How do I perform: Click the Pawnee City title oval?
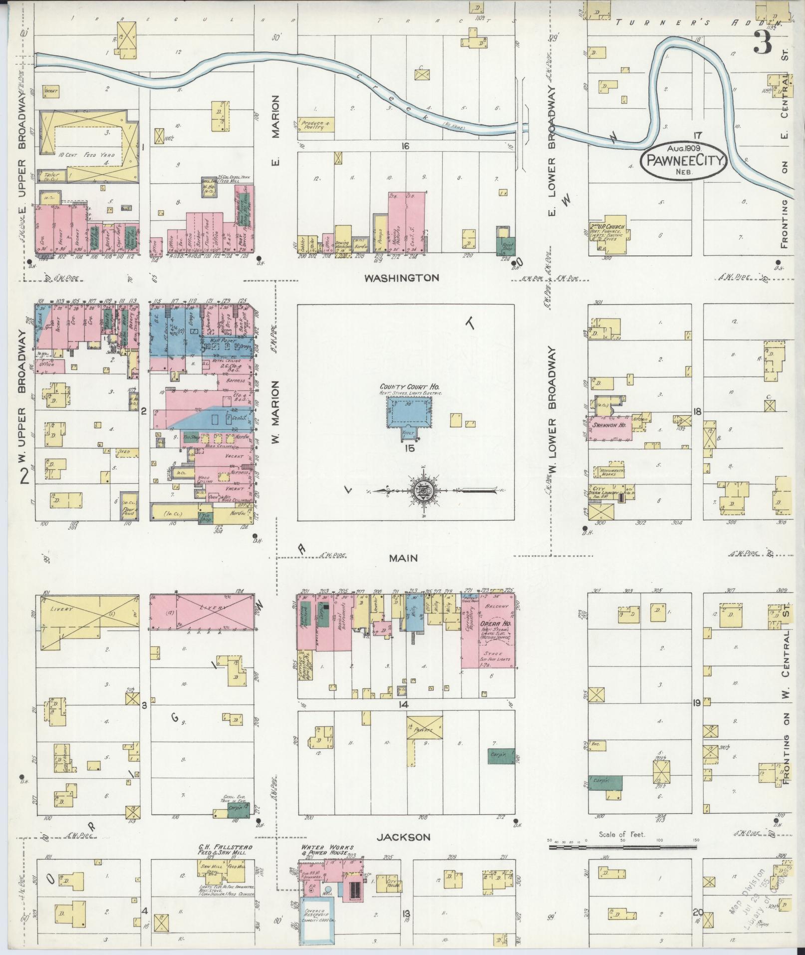click(684, 160)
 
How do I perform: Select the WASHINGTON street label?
click(401, 278)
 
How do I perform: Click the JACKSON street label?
click(403, 837)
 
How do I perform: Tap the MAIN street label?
click(404, 559)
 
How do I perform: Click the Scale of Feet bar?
click(622, 847)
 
